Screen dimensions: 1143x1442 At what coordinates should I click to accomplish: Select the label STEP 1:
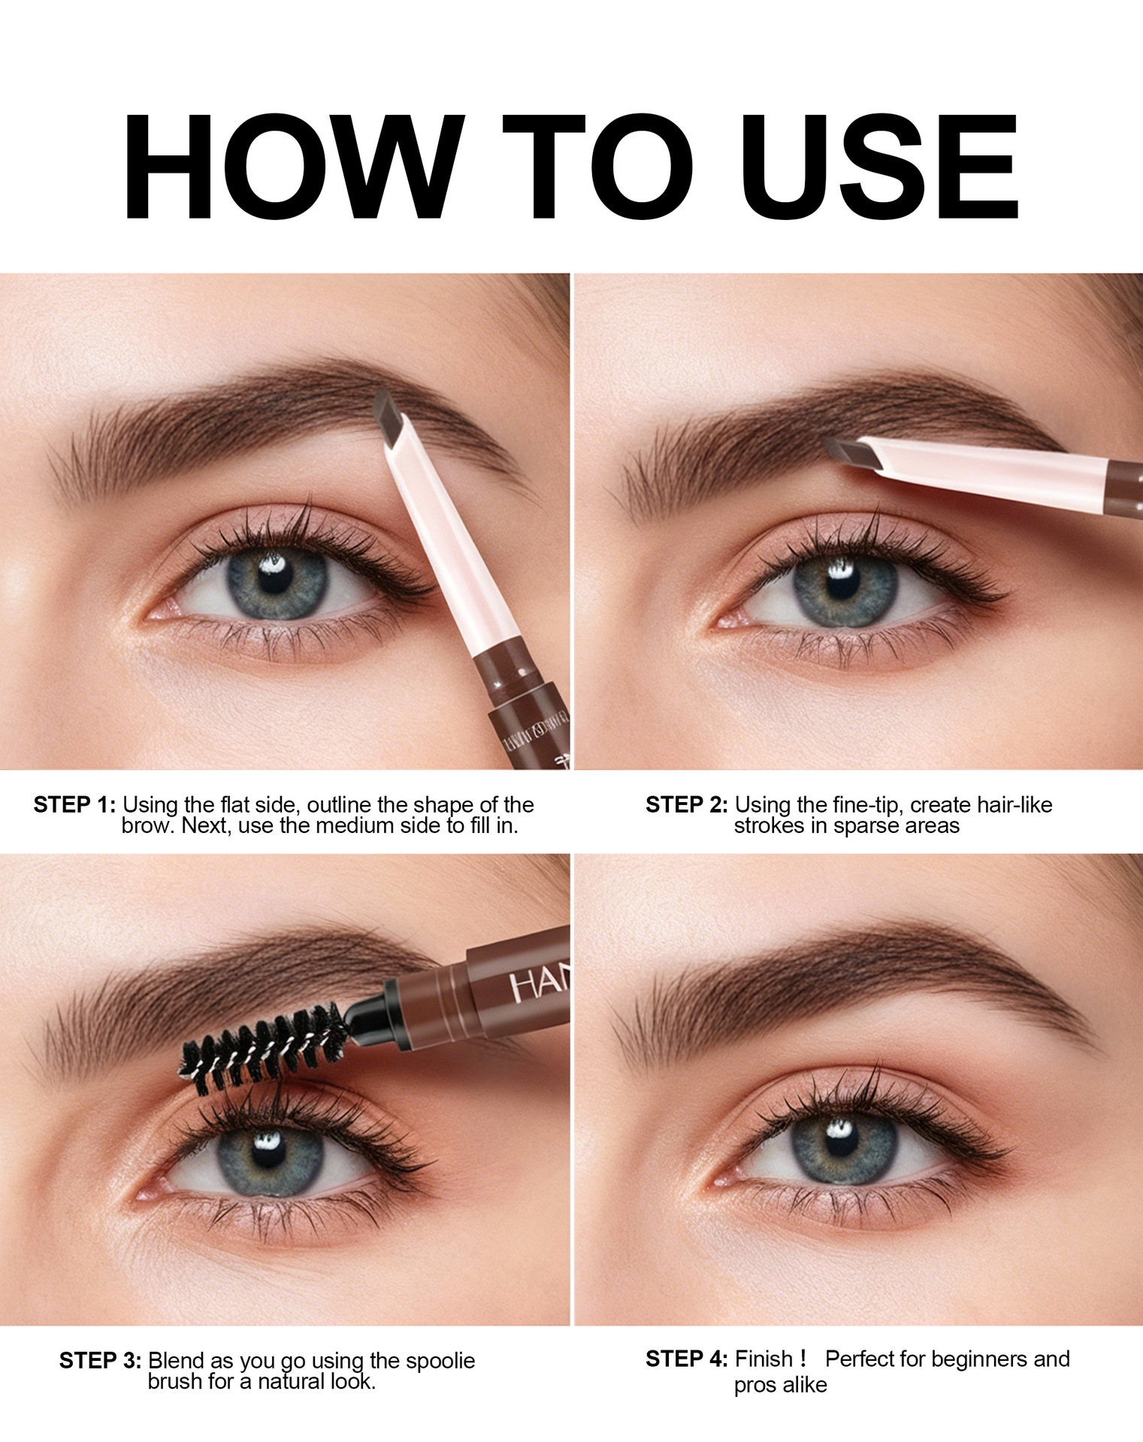point(75,805)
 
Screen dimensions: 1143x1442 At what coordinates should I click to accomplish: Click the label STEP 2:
point(687,805)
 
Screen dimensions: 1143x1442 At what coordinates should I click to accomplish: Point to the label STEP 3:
point(101,1361)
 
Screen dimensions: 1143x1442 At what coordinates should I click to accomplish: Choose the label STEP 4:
point(687,1359)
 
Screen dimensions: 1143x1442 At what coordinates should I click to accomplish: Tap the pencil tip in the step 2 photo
point(849,451)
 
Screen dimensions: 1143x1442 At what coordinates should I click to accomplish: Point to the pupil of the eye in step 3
point(265,1157)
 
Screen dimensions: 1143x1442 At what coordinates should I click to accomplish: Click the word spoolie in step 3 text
point(440,1362)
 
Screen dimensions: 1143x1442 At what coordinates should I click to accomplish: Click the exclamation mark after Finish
point(803,1359)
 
